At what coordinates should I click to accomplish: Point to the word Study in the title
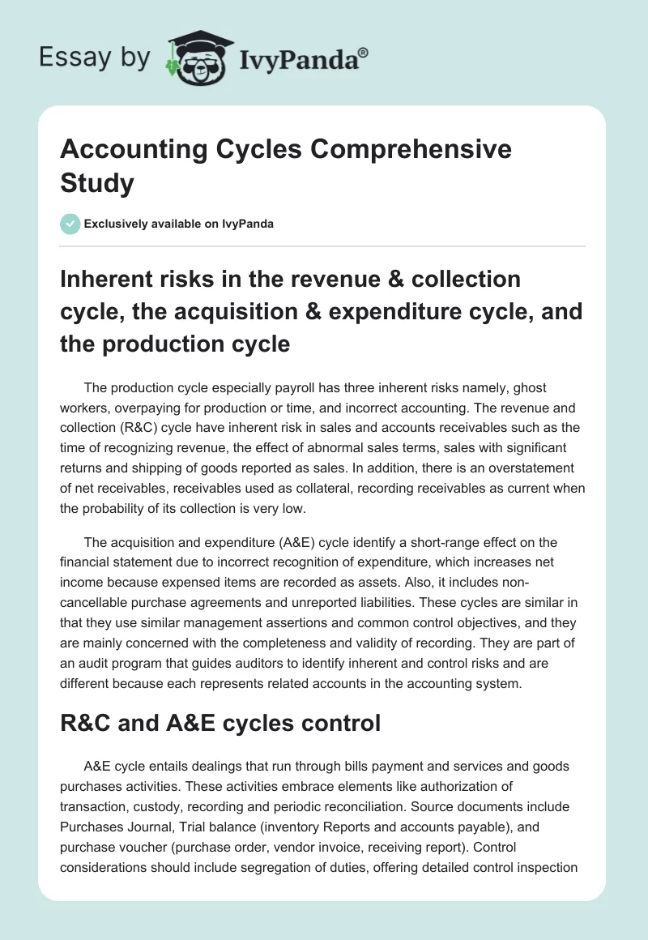(x=97, y=182)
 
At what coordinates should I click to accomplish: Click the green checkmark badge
(x=70, y=224)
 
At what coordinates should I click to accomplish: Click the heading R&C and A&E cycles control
(x=220, y=723)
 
